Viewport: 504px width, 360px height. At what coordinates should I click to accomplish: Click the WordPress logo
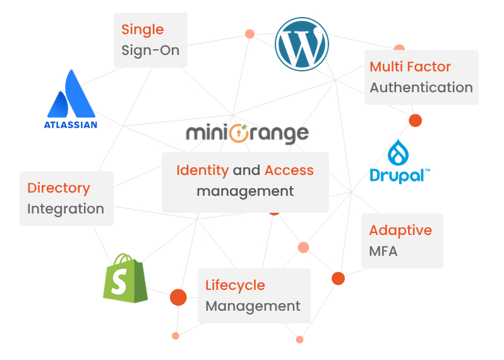[x=302, y=43]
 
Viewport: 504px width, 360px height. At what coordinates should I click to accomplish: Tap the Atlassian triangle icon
[x=71, y=94]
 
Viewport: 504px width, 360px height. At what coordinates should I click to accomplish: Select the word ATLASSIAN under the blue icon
[x=71, y=124]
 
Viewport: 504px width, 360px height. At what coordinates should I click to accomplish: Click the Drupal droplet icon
[x=400, y=153]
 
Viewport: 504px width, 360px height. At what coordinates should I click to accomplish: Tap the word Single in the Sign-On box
[x=143, y=30]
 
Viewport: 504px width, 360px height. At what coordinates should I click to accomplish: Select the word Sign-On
[x=150, y=51]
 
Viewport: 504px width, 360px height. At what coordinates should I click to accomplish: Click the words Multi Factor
[x=411, y=67]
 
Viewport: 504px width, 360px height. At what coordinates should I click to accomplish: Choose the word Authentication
[x=421, y=88]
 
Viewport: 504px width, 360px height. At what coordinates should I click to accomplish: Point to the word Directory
[x=59, y=188]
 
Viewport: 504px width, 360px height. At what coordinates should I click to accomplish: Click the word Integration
[x=66, y=209]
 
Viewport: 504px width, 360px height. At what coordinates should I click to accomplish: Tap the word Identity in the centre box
[x=202, y=171]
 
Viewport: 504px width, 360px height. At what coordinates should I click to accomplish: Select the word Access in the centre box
[x=289, y=171]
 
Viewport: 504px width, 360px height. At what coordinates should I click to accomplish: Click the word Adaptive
[x=400, y=231]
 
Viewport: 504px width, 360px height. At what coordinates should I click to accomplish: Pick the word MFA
[x=383, y=251]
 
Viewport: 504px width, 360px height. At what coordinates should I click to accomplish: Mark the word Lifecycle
[x=235, y=285]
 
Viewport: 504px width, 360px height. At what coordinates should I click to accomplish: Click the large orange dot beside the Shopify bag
[x=178, y=297]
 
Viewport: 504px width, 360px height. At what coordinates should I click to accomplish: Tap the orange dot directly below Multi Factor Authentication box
[x=415, y=120]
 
